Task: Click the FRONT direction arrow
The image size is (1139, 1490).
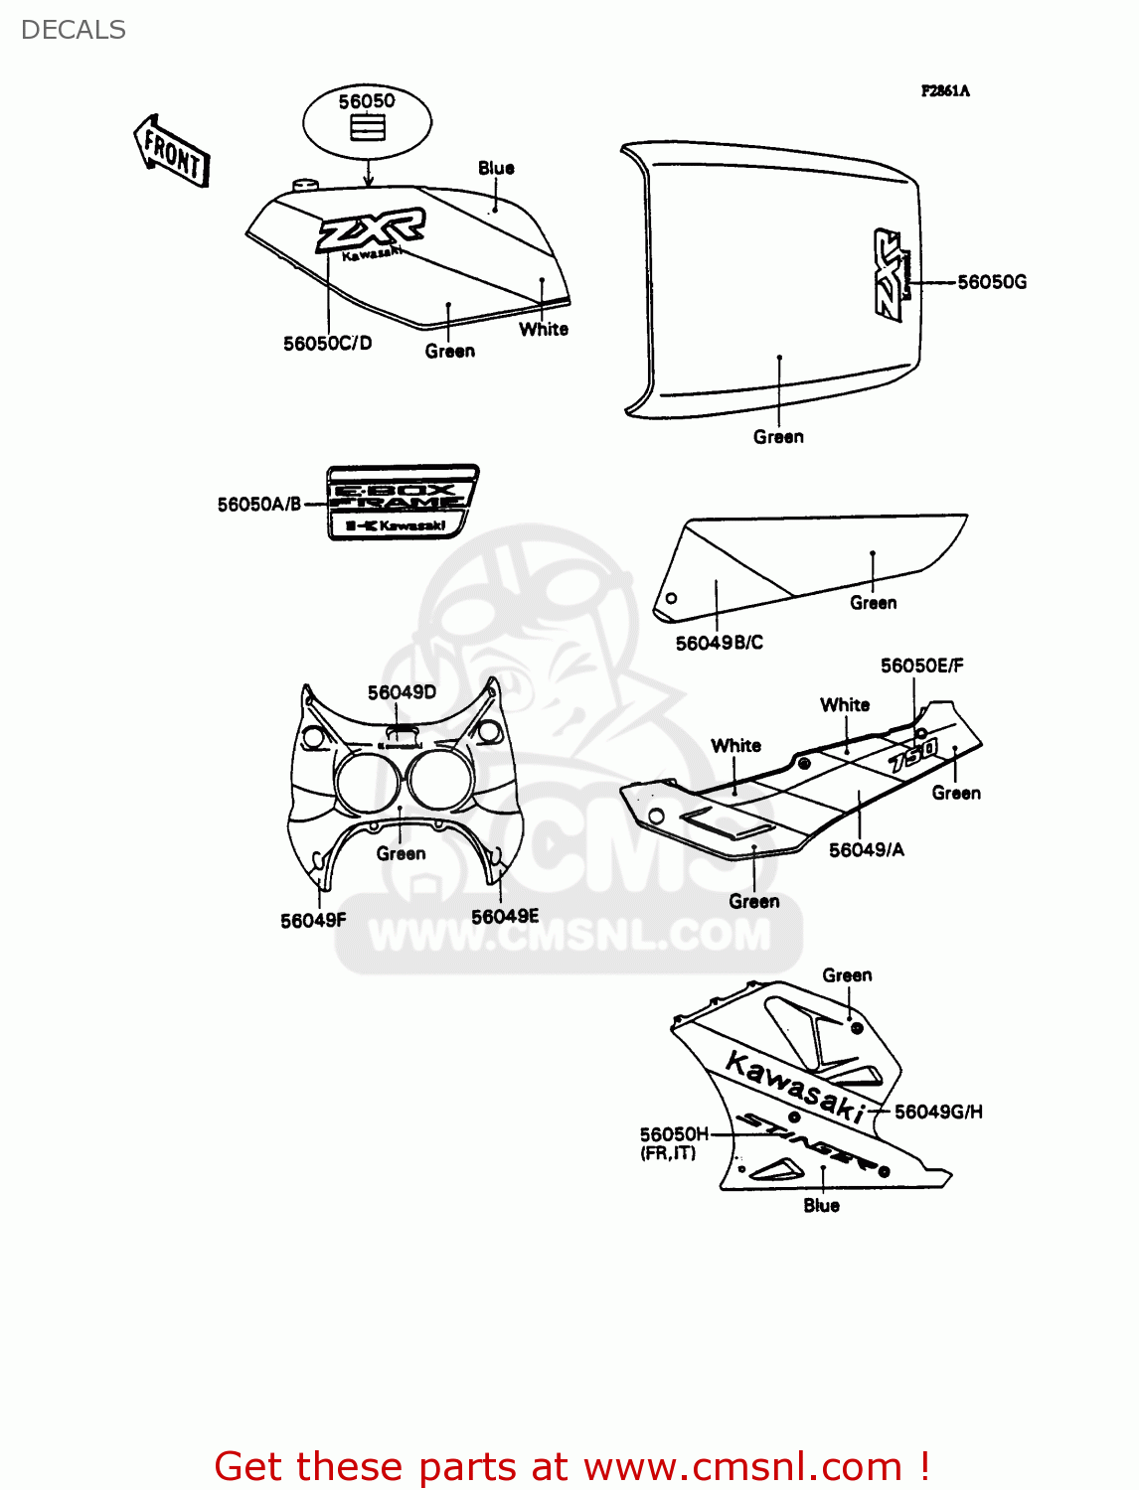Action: tap(172, 151)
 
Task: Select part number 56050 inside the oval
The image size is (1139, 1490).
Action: tap(367, 101)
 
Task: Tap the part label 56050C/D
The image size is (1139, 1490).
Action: tap(327, 344)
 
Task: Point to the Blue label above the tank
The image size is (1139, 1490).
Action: tap(496, 168)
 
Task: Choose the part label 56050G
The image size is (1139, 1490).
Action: tap(992, 282)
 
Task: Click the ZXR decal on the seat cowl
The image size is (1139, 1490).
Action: tap(891, 275)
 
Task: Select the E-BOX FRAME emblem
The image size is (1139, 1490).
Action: tap(402, 503)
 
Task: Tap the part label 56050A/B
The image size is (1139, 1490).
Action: tap(258, 505)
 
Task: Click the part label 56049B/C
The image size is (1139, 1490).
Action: tap(720, 643)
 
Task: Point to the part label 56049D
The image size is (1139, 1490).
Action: tap(402, 692)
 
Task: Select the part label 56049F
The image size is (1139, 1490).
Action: tap(313, 921)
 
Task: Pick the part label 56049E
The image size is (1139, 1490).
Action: tap(505, 917)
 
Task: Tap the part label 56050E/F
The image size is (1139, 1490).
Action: tap(921, 666)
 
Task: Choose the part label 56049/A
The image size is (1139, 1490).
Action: tap(867, 850)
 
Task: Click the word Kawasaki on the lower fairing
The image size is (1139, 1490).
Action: tap(796, 1088)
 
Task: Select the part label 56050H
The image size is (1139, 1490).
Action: tap(674, 1134)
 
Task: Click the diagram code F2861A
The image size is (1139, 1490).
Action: tap(945, 91)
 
